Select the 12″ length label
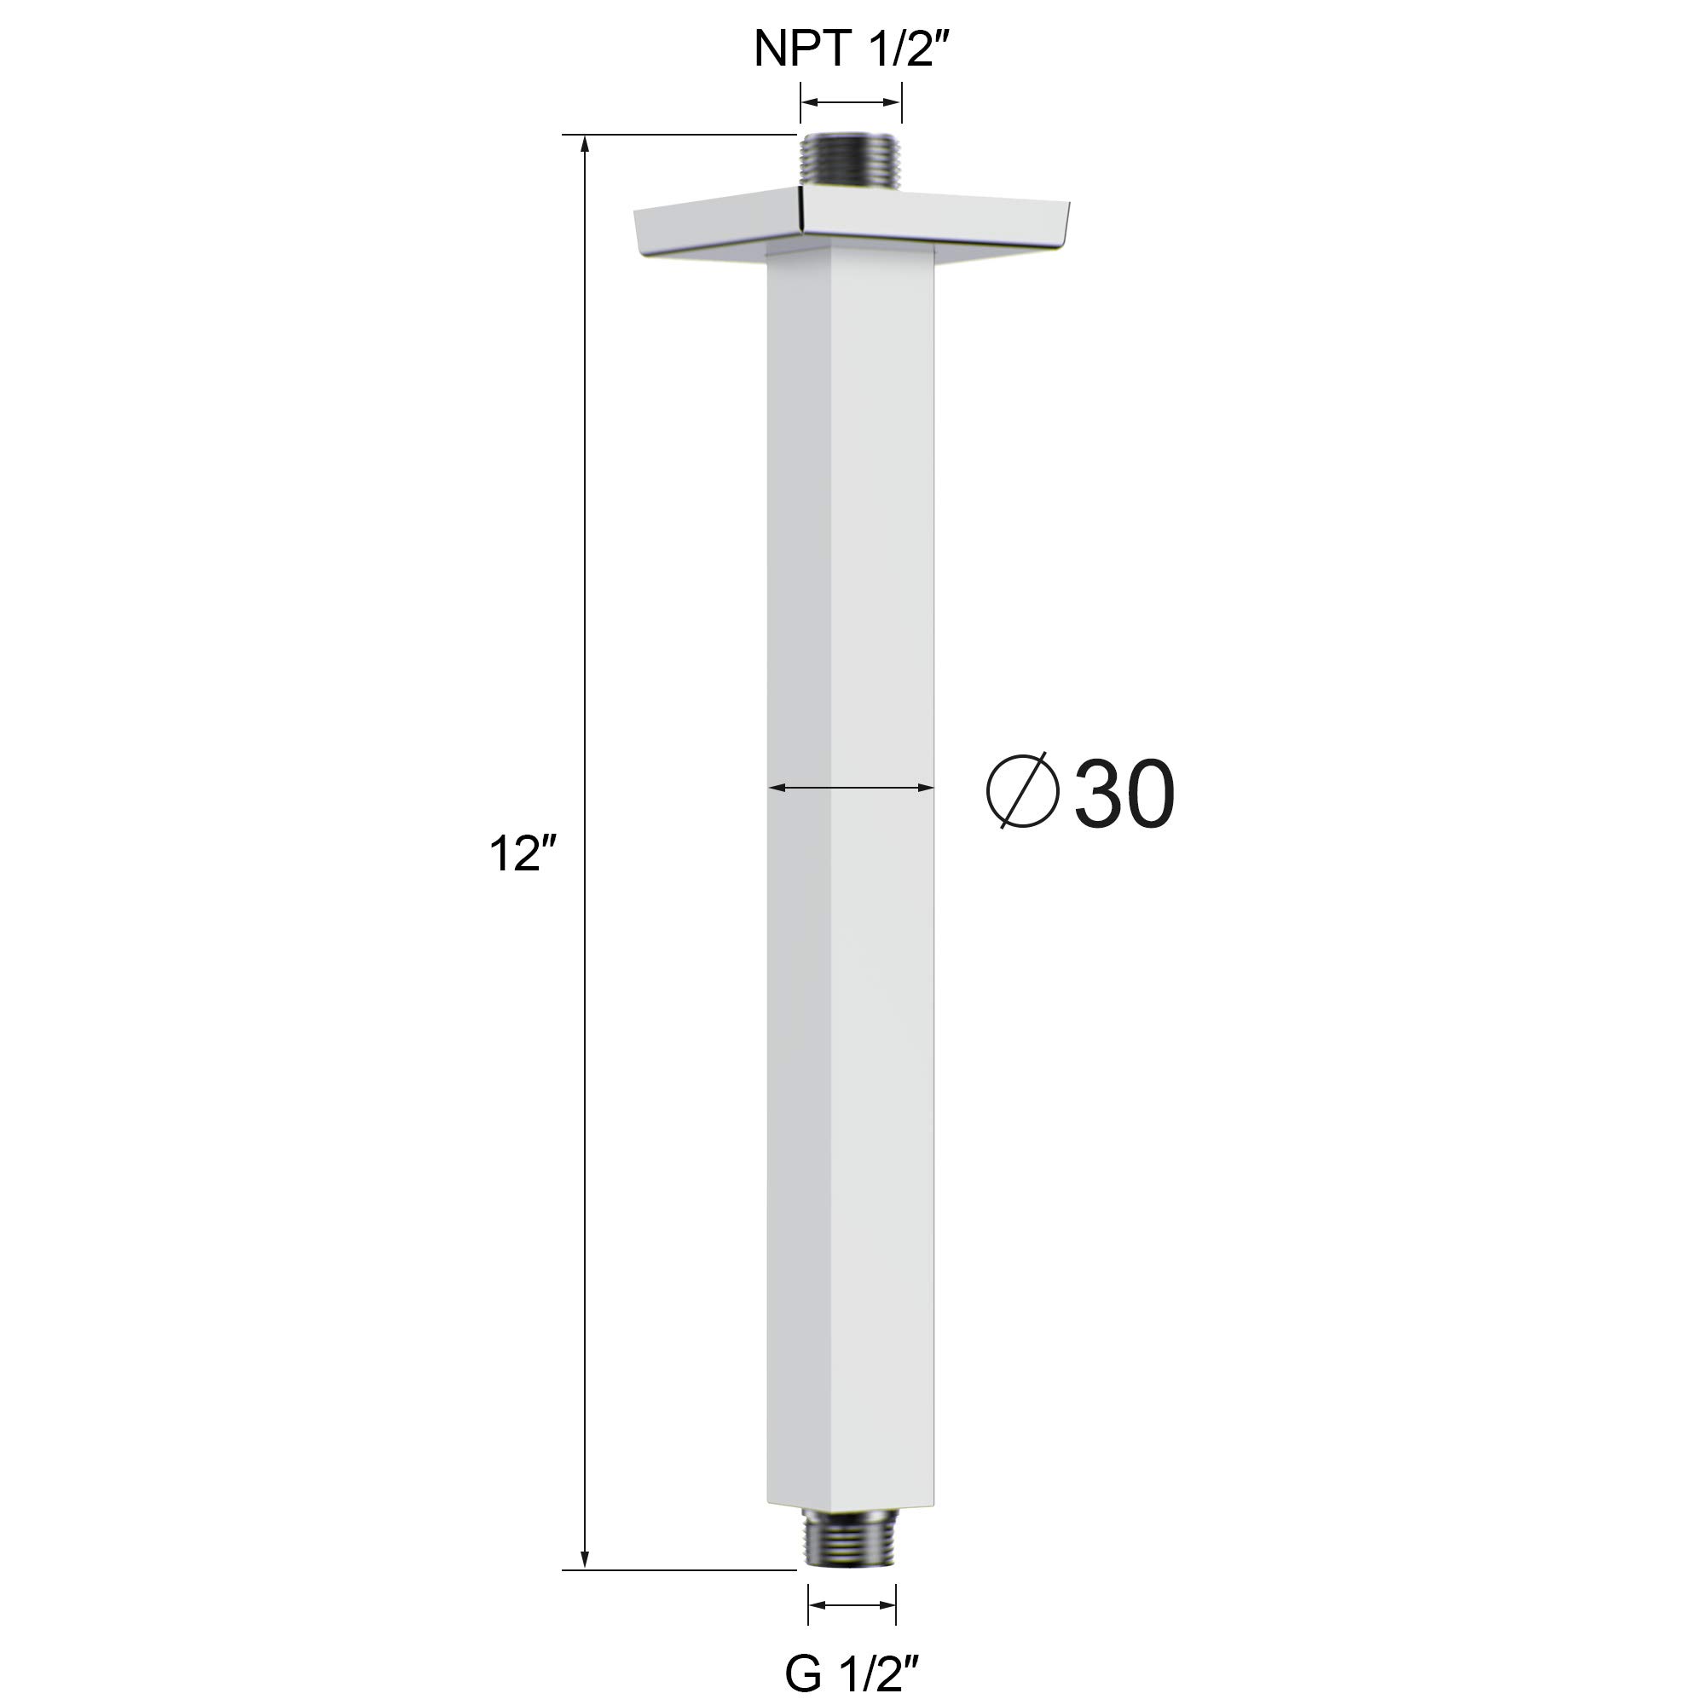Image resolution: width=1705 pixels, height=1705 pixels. pos(523,853)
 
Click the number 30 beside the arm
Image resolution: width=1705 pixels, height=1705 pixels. pos(1124,794)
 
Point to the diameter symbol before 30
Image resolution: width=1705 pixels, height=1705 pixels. pos(1022,790)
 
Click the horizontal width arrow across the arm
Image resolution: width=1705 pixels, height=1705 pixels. pos(851,786)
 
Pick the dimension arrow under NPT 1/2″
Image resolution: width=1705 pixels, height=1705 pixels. pos(851,102)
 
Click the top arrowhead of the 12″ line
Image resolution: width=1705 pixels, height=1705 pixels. pos(584,146)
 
